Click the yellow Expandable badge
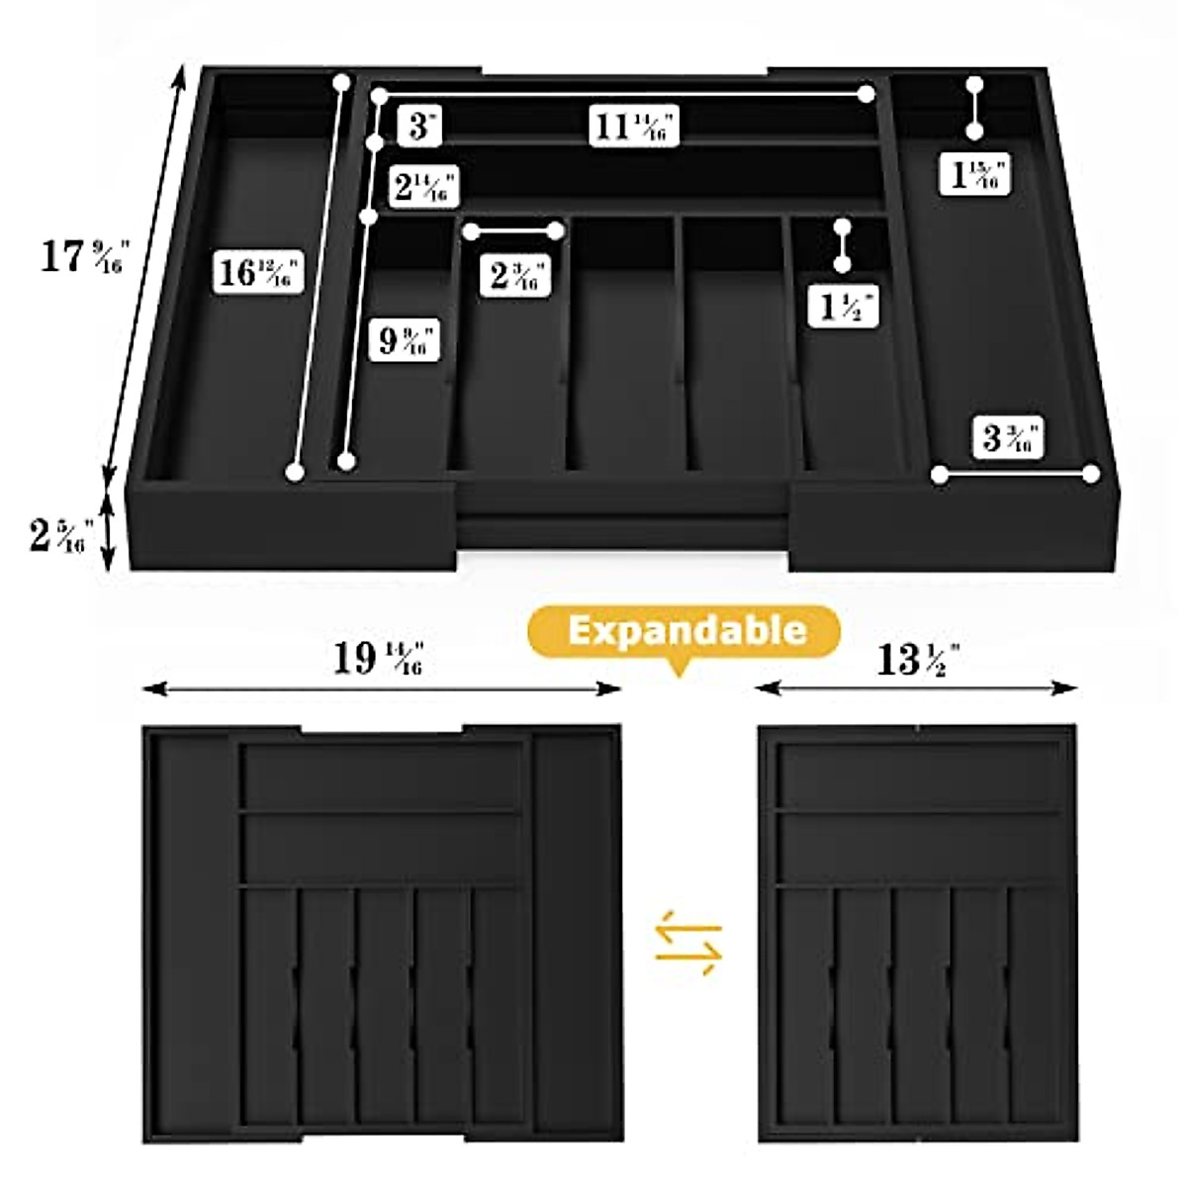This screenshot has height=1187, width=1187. (685, 631)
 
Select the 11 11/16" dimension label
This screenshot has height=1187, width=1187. (634, 127)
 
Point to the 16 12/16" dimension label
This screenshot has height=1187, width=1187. (257, 271)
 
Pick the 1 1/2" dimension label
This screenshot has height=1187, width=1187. (848, 306)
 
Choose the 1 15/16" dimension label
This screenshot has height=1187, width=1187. (975, 175)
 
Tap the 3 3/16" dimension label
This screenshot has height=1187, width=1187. (1010, 437)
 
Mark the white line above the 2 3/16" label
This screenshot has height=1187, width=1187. (513, 231)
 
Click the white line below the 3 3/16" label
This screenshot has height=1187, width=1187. (1015, 475)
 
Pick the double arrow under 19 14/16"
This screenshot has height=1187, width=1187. (382, 688)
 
